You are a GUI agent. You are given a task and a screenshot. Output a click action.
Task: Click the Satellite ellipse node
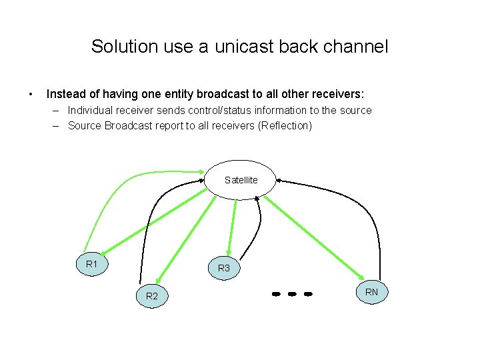tap(241, 180)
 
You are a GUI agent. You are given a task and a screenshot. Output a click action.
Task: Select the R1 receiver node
tap(93, 265)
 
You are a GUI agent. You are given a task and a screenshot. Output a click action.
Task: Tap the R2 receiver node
tap(152, 295)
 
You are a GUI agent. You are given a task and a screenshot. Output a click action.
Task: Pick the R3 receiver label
tap(224, 268)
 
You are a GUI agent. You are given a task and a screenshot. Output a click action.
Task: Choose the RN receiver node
tap(371, 291)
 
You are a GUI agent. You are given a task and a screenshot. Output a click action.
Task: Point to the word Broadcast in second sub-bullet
tap(127, 125)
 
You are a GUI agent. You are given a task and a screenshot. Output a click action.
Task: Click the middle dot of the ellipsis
tap(291, 293)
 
